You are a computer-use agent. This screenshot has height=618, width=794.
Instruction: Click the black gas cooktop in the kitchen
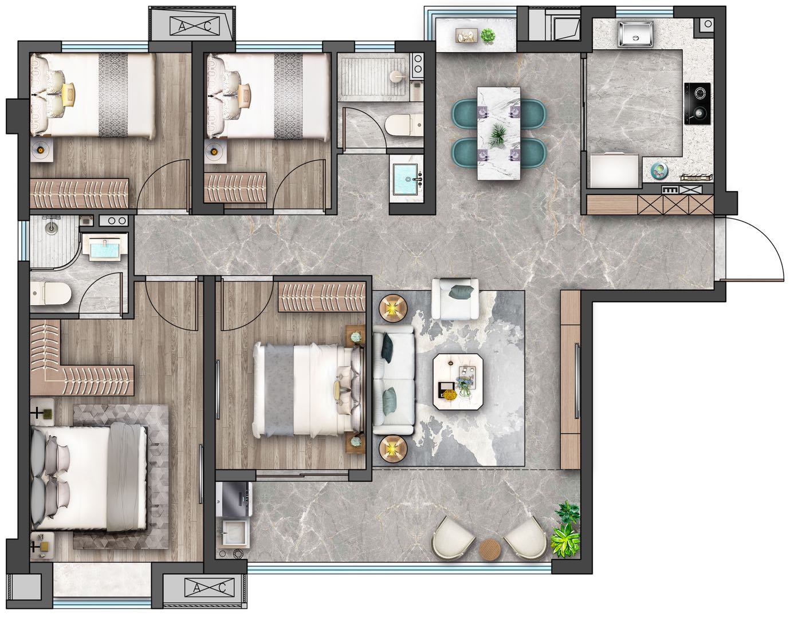pos(698,103)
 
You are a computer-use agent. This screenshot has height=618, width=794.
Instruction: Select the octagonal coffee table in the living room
pos(457,382)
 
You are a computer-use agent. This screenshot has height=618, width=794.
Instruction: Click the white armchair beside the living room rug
pos(455,299)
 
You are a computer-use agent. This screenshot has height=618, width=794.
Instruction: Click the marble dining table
pos(499,133)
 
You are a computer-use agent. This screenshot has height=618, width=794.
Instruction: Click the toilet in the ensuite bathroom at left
pos(50,293)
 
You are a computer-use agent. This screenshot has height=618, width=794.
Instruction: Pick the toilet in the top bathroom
pos(403,125)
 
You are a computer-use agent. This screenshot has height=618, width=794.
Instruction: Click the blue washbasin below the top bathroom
pos(406,180)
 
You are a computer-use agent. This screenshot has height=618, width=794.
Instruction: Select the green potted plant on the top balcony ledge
pos(488,35)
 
